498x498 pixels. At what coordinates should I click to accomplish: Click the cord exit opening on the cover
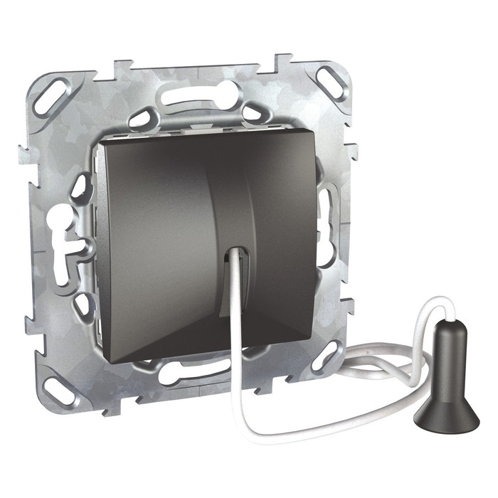point(238,256)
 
